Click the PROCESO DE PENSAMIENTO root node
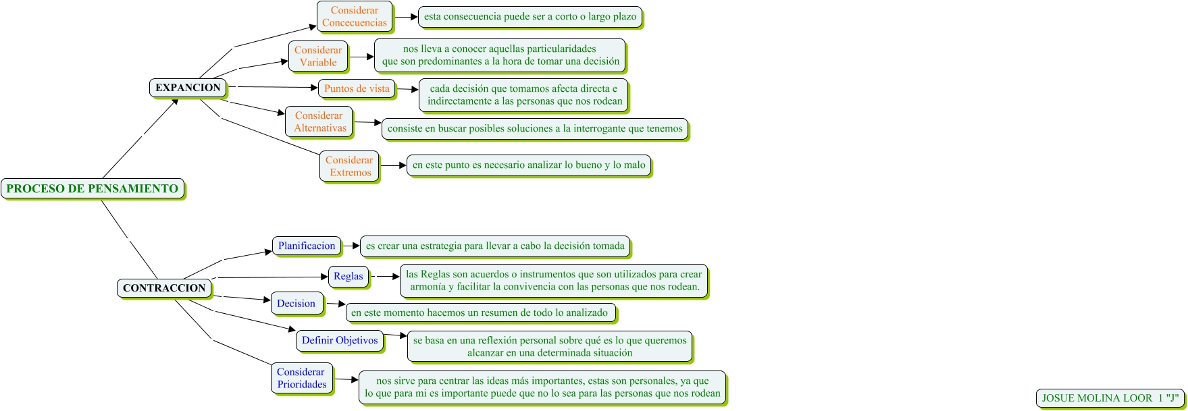[93, 189]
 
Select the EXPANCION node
[188, 88]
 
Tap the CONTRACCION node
[164, 288]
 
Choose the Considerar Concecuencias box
[355, 16]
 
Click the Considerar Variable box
[318, 56]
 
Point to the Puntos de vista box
[357, 88]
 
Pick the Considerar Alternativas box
[319, 121]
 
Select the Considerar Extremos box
[349, 166]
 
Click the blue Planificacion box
[307, 246]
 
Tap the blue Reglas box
[348, 276]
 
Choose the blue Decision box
[296, 304]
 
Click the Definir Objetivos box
[340, 340]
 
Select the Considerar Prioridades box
[301, 378]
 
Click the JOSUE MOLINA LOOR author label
[1110, 398]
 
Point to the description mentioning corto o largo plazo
[530, 17]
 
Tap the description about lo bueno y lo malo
[529, 165]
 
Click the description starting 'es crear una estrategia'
[495, 246]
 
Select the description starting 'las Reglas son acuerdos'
[554, 281]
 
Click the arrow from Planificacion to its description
[351, 246]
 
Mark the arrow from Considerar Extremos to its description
[392, 165]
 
